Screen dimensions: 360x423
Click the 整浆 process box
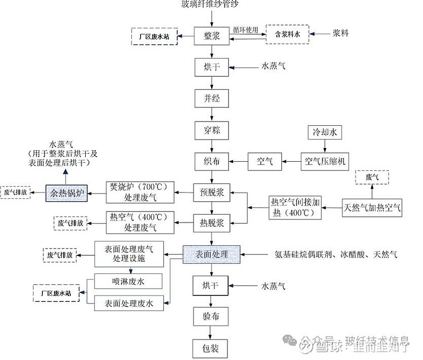[212, 36]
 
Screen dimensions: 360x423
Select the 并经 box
[212, 98]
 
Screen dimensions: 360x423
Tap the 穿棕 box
[212, 130]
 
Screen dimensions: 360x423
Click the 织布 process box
[212, 161]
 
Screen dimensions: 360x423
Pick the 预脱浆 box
[212, 192]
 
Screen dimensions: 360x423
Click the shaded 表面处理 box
[212, 254]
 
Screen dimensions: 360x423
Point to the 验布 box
[212, 317]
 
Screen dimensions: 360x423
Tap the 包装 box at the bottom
[212, 348]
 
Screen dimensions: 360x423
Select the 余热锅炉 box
[67, 192]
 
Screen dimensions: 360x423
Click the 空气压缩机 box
[325, 161]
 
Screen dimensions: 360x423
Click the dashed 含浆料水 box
[288, 34]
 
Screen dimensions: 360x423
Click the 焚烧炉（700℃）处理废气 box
[140, 192]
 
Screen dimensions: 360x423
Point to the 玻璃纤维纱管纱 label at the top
[212, 5]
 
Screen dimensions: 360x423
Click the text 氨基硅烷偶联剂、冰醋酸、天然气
[336, 254]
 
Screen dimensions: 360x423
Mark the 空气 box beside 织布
[264, 161]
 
